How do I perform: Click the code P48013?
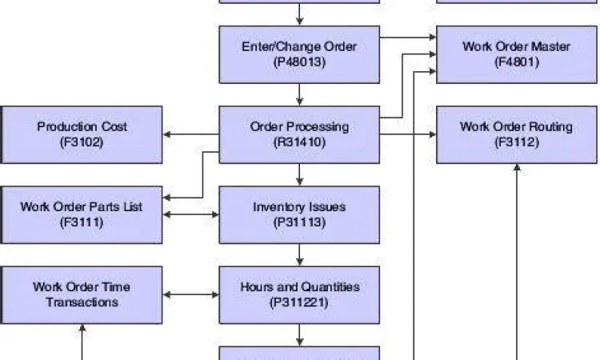pos(299,62)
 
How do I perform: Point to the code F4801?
pos(517,62)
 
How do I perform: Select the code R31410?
pos(299,142)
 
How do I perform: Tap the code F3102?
pos(82,142)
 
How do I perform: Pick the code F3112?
pos(517,142)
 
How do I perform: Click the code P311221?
pos(299,302)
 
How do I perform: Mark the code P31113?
pos(299,222)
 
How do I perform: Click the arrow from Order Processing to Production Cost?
pos(191,134)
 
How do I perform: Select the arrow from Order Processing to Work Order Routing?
pos(408,134)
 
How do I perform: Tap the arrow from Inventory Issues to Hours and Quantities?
pos(299,254)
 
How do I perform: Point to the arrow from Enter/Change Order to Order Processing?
pos(299,94)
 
